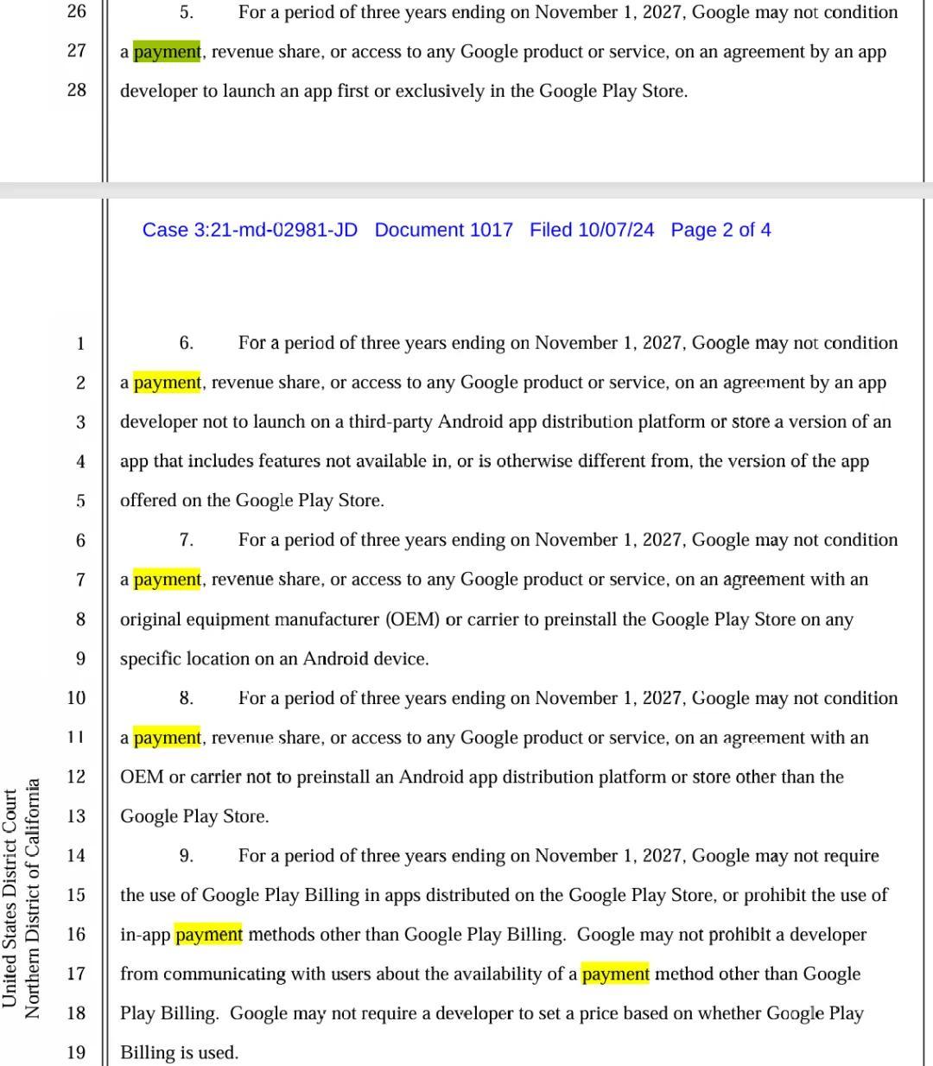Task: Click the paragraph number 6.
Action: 186,343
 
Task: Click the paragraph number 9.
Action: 186,856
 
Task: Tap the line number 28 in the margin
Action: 77,90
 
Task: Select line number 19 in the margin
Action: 77,1052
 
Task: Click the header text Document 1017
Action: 443,230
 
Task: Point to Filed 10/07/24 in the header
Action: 592,230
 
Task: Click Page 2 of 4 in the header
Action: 720,230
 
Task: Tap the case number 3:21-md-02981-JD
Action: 250,230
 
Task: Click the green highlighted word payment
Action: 167,52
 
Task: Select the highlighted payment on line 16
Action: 208,935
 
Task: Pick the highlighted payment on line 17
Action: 615,974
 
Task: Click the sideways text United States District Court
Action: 10,898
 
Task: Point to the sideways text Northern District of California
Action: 33,898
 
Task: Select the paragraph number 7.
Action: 186,540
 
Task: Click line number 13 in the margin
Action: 77,816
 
